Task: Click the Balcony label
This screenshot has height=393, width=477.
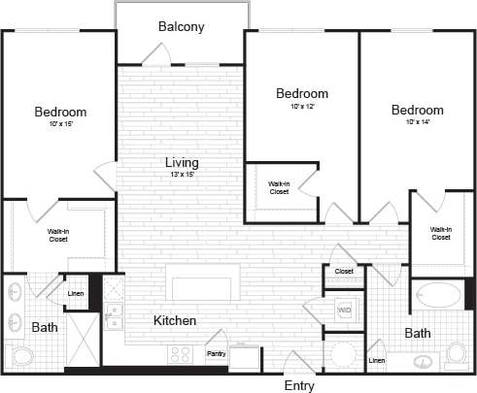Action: point(182,27)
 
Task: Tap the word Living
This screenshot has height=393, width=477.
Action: point(182,162)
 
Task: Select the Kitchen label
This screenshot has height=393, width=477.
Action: point(175,320)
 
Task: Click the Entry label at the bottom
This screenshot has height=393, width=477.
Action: point(299,385)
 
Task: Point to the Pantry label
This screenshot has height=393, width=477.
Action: point(216,354)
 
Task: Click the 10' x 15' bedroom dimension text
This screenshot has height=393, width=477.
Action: point(60,124)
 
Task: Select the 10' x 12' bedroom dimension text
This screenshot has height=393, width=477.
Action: point(301,106)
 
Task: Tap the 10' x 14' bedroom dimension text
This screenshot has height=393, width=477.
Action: point(418,122)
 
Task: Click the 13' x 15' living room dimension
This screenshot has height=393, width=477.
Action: point(182,175)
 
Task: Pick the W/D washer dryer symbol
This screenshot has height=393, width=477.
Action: point(343,311)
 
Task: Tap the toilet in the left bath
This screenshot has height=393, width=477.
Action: point(22,355)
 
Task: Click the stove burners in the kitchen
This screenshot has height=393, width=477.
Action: point(181,353)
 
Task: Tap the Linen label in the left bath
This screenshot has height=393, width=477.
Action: point(74,294)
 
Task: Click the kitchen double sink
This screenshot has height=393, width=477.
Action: point(114,316)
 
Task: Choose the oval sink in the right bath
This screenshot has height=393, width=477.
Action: point(425,361)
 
